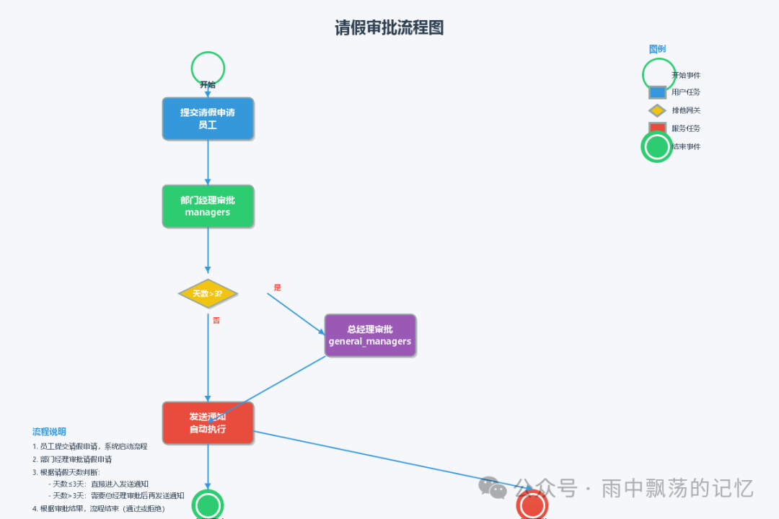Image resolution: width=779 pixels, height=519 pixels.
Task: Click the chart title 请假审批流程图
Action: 389,28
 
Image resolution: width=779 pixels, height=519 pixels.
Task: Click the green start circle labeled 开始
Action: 208,68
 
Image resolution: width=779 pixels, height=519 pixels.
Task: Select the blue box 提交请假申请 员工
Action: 208,119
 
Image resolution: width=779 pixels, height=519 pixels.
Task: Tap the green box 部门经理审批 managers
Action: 208,206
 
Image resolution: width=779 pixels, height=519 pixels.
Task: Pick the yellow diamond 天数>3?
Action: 208,293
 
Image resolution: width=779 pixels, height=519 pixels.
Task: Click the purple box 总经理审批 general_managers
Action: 370,335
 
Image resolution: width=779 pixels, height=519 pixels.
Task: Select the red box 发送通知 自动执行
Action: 208,423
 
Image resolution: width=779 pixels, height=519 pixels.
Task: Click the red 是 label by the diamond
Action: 278,288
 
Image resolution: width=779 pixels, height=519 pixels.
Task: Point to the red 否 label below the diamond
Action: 216,320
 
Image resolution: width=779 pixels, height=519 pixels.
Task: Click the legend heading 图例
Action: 657,49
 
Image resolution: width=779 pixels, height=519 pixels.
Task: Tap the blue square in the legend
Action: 657,92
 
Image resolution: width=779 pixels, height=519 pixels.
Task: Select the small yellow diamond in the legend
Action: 657,110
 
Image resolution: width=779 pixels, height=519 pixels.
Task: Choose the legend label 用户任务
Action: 686,92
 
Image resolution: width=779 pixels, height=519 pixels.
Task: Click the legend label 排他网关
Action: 686,110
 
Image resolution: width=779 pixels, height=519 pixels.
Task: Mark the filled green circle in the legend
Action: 657,147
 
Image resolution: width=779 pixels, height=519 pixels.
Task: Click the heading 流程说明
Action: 49,432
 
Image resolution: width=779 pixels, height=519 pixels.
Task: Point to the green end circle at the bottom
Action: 208,505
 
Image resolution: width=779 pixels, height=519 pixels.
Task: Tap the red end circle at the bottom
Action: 532,506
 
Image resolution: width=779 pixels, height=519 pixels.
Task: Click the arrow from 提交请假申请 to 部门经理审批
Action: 208,162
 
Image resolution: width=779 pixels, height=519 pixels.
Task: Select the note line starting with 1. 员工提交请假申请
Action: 90,447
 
